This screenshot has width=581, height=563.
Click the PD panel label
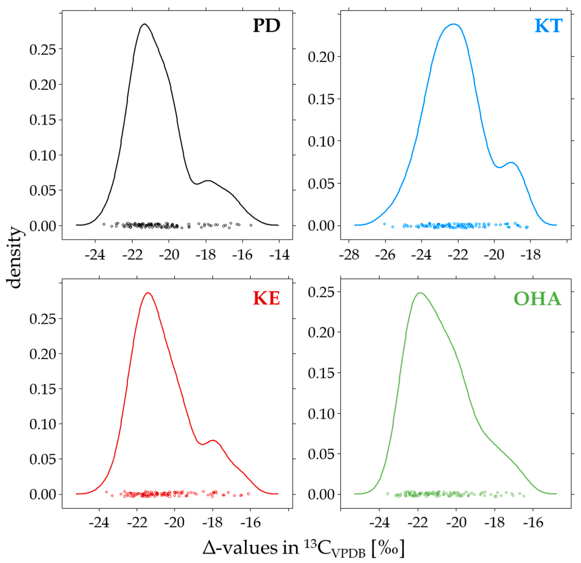[x=266, y=26]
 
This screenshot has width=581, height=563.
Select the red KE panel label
[x=266, y=298]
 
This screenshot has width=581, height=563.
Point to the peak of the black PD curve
[x=144, y=24]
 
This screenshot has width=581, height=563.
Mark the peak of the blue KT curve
[x=453, y=24]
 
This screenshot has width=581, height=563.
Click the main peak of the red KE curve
[x=148, y=293]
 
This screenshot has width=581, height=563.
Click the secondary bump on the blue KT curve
[x=511, y=162]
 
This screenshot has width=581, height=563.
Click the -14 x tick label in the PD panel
[x=279, y=255]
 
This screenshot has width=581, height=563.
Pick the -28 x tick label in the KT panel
[x=349, y=255]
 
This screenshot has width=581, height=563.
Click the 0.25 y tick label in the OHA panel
[x=321, y=292]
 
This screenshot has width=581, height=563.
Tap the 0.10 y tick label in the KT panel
[x=321, y=141]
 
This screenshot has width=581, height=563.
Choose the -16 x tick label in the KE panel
[x=250, y=523]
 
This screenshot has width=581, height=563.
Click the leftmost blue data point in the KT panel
[x=384, y=224]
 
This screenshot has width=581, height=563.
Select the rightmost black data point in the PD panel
[x=251, y=225]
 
